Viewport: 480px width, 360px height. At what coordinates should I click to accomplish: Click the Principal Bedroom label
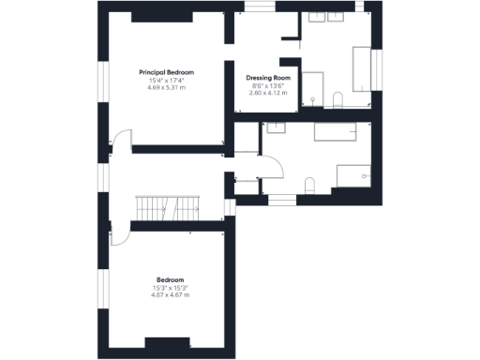pyautogui.click(x=166, y=72)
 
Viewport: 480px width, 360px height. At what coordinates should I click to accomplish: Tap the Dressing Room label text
pyautogui.click(x=268, y=78)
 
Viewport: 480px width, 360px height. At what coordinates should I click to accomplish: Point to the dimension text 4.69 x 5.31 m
pyautogui.click(x=166, y=87)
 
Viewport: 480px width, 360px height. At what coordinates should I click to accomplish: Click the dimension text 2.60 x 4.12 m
pyautogui.click(x=268, y=93)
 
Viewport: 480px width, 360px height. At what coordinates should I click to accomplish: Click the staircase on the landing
pyautogui.click(x=169, y=207)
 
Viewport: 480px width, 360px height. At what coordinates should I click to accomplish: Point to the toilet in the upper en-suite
pyautogui.click(x=338, y=98)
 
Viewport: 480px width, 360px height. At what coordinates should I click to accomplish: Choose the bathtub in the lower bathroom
pyautogui.click(x=331, y=131)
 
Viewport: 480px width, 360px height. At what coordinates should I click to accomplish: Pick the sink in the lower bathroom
pyautogui.click(x=277, y=128)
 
